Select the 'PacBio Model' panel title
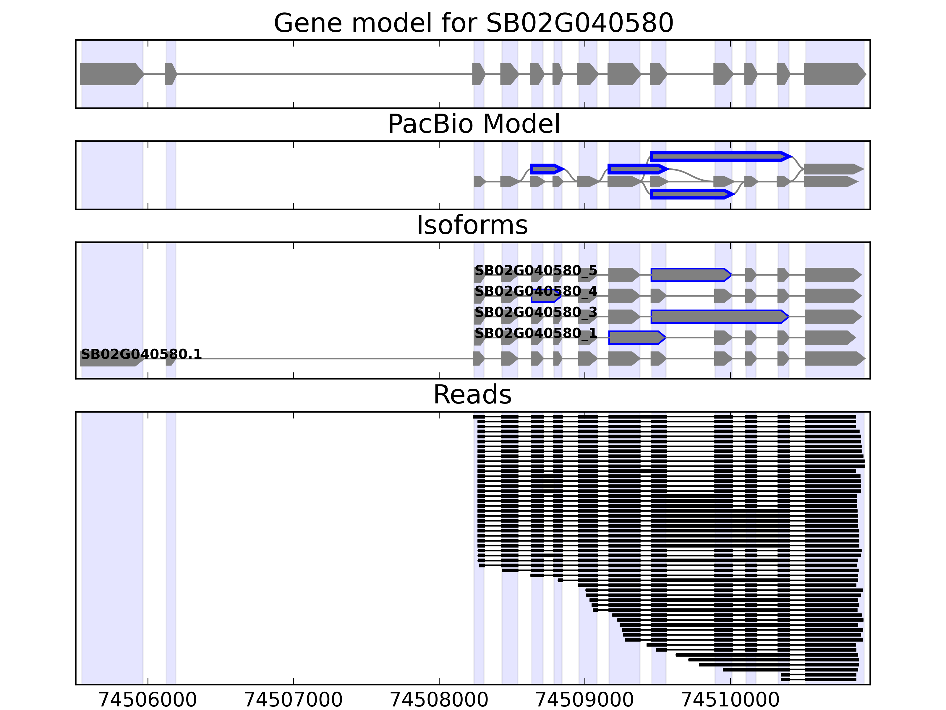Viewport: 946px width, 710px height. click(473, 124)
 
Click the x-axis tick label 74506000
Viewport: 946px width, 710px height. click(148, 700)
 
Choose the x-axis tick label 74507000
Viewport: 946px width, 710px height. click(293, 700)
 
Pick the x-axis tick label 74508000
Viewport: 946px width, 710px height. click(439, 700)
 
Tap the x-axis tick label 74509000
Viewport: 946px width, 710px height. click(585, 700)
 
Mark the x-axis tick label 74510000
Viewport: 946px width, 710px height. click(730, 700)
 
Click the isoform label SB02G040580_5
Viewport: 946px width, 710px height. click(535, 270)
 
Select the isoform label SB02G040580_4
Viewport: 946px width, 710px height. click(535, 291)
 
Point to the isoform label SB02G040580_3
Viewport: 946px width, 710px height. click(535, 312)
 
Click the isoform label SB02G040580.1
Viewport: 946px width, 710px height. click(141, 354)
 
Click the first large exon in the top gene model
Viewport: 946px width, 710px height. click(110, 74)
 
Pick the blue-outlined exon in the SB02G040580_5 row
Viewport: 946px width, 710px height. click(690, 275)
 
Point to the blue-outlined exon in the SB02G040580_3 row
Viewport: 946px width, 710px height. click(718, 317)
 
